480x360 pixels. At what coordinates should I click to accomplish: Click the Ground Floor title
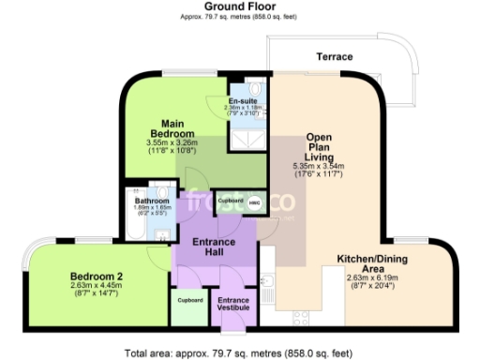click(x=240, y=7)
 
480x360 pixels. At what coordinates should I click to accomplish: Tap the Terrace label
click(x=334, y=57)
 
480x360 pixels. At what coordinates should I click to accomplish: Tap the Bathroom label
click(x=151, y=202)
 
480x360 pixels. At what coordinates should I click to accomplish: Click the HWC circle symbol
click(x=253, y=201)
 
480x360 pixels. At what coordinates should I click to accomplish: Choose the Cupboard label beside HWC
click(x=231, y=201)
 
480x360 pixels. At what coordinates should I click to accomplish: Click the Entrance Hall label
click(x=215, y=248)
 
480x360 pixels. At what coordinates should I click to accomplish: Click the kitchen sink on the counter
click(x=268, y=280)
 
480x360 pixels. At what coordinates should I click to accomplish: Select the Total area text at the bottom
click(x=240, y=352)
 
